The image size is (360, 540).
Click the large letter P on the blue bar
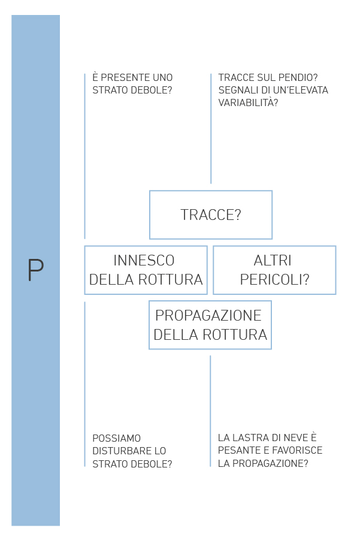coord(35,270)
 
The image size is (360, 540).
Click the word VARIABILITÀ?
coord(248,102)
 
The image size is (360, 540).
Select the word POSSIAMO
coord(117,438)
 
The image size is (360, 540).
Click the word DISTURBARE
coord(119,451)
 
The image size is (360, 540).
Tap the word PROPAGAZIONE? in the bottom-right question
coord(270,463)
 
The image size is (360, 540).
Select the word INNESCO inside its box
coord(144,260)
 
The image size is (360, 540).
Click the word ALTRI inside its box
coord(273,260)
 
